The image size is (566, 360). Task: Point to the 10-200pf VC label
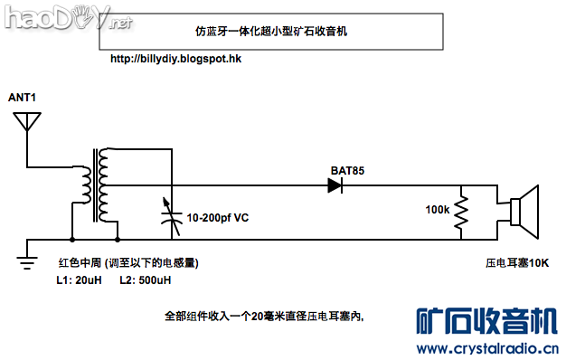click(x=217, y=217)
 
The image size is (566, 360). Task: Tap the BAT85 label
click(x=348, y=169)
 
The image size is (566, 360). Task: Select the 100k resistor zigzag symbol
click(x=460, y=213)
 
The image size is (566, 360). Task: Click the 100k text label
click(x=437, y=209)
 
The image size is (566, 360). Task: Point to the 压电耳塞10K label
click(x=517, y=263)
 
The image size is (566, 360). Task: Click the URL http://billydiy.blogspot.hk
click(x=175, y=58)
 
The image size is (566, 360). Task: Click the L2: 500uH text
click(x=144, y=280)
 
